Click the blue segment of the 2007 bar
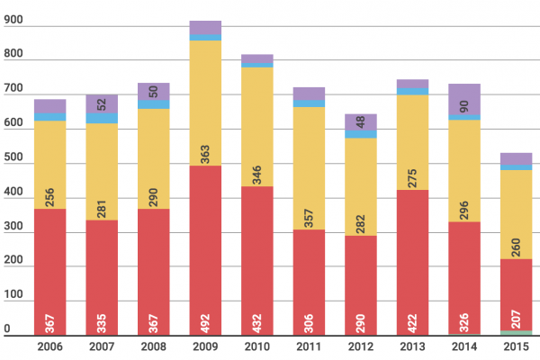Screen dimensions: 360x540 (x=102, y=118)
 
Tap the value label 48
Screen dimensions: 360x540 (x=361, y=121)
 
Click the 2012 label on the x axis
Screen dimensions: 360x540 (x=361, y=346)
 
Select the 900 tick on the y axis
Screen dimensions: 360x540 (x=13, y=27)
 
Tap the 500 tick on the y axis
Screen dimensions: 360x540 (x=13, y=165)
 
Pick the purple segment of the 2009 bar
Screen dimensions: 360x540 (x=205, y=27)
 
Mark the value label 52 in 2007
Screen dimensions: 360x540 (x=102, y=103)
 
